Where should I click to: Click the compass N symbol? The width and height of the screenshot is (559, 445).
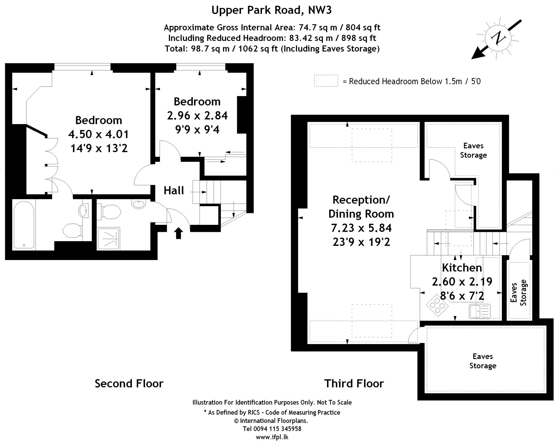(499, 38)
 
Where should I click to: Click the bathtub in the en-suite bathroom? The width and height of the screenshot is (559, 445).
(24, 225)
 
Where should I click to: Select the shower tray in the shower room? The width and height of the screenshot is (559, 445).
(108, 239)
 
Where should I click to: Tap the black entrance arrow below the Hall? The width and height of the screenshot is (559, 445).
(178, 233)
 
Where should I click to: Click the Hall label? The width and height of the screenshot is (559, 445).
(174, 190)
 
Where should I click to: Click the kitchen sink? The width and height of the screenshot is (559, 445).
(480, 312)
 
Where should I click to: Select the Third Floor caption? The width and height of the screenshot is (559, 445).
(354, 383)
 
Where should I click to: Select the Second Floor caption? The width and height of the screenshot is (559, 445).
(129, 383)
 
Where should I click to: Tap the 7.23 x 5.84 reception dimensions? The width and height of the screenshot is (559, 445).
(361, 228)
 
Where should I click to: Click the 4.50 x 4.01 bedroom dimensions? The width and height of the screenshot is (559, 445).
(99, 134)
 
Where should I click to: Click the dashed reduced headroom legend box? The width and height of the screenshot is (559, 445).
(326, 81)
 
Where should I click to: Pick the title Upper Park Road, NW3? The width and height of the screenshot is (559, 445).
(271, 10)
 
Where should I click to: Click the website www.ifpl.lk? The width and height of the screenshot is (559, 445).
(272, 437)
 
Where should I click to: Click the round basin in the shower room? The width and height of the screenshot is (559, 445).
(139, 204)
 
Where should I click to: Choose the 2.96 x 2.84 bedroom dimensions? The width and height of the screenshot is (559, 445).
(197, 116)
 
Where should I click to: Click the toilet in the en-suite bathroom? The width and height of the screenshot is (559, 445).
(72, 231)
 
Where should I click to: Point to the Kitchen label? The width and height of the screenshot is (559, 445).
(462, 268)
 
